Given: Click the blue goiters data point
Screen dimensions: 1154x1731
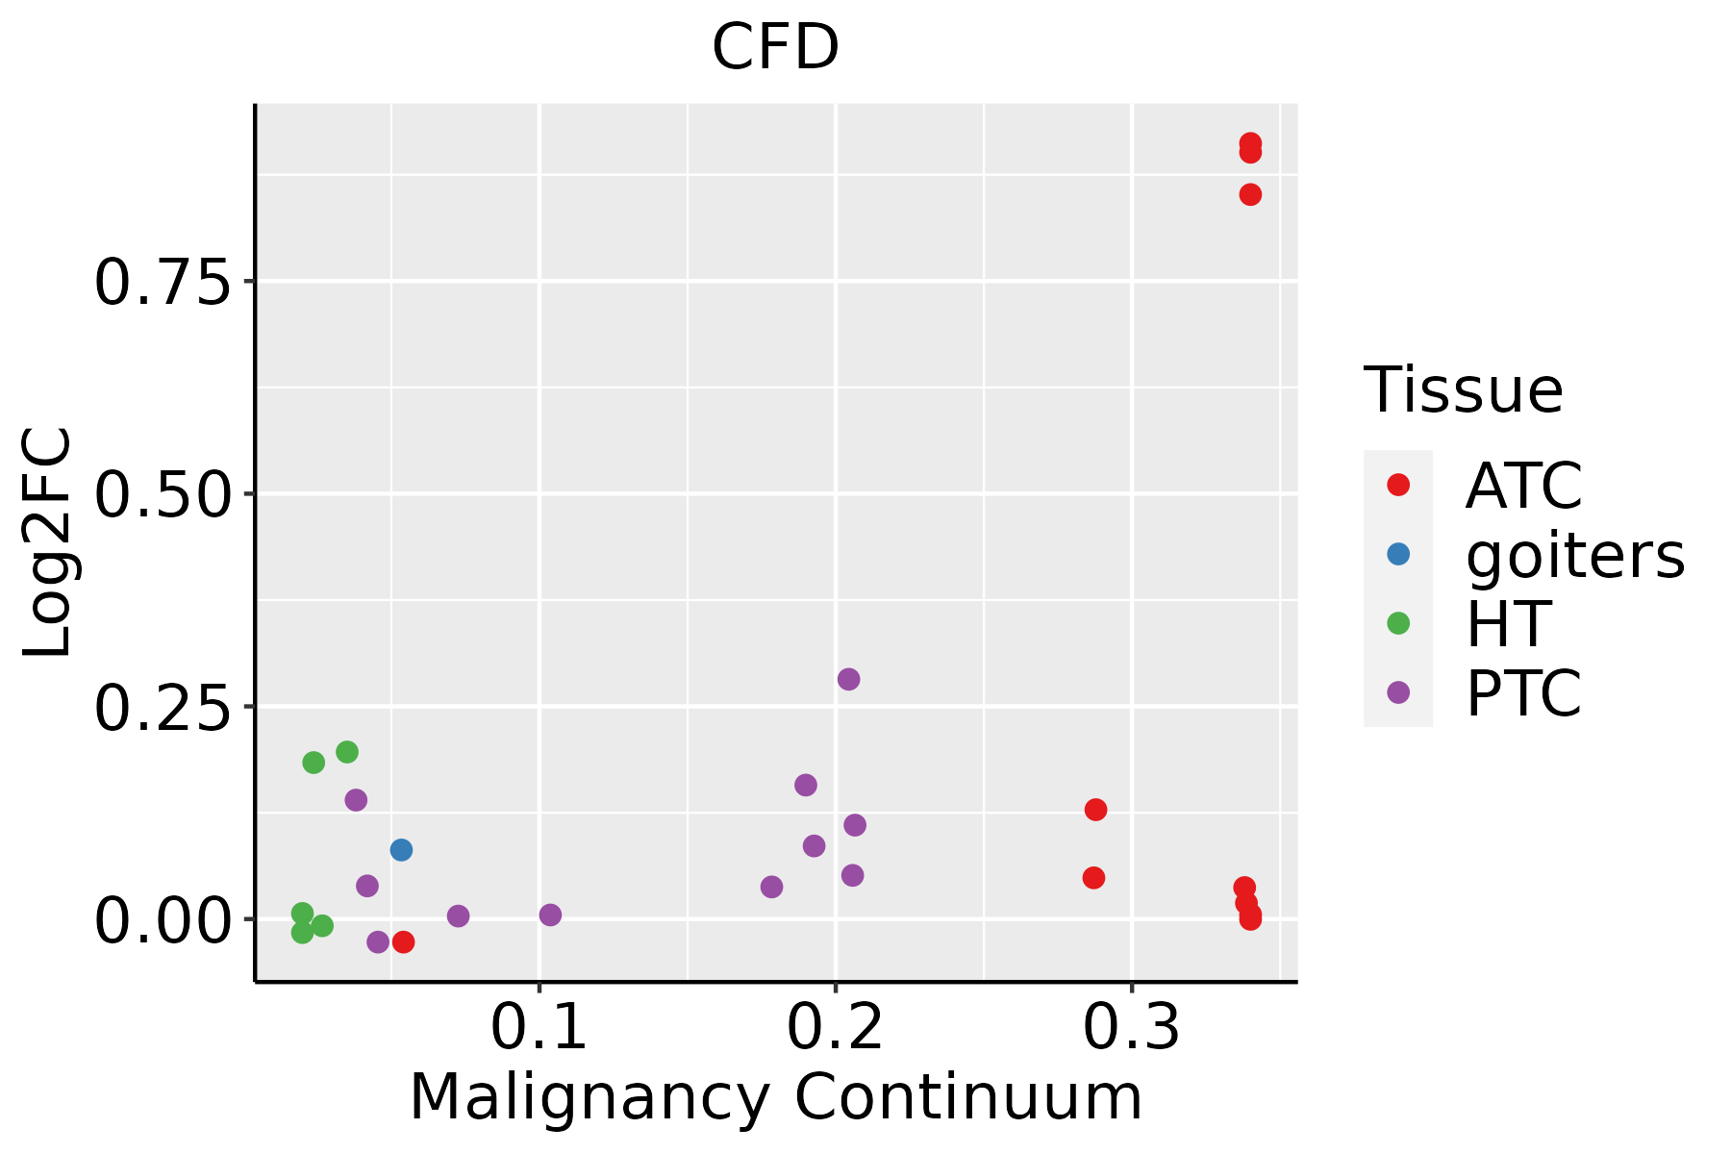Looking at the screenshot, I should pos(401,850).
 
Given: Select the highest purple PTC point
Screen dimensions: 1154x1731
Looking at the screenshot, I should pos(848,679).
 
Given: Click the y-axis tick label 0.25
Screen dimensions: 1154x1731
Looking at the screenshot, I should pos(163,709).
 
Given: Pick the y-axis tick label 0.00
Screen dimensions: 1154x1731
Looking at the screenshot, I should pos(163,921).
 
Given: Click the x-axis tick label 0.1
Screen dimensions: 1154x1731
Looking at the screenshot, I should pos(539,1028).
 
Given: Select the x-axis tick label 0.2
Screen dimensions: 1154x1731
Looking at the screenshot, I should pos(835,1028).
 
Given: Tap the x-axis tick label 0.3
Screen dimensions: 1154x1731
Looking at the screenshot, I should pos(1131,1028).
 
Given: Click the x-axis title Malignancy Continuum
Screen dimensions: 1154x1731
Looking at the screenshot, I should pos(775,1097).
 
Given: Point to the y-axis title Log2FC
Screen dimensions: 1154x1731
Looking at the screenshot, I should pos(48,542).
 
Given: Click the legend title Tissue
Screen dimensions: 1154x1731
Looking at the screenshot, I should pos(1464,390).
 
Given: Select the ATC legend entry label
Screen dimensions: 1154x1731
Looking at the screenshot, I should pos(1523,486).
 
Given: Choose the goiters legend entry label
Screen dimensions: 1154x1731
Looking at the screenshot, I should pos(1575,555).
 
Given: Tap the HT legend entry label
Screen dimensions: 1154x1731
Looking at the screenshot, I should pos(1508,624).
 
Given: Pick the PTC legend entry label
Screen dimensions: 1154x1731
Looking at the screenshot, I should pos(1523,693).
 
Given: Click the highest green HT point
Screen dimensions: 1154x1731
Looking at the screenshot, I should pos(347,752).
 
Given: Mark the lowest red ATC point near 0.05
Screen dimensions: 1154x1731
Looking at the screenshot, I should pos(403,941).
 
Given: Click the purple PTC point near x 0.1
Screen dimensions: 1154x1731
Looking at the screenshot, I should pos(550,915).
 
